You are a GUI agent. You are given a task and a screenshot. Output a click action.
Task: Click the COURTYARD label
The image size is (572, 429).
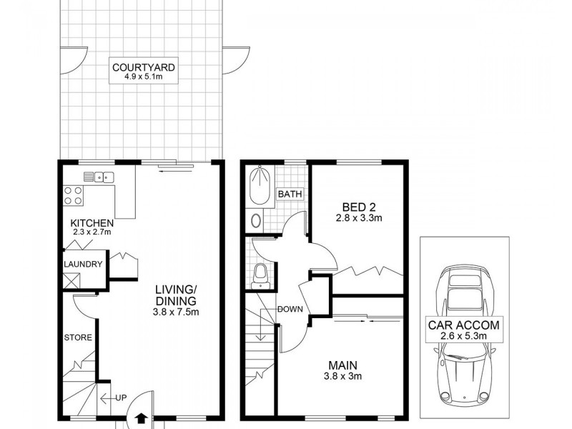pos(144,68)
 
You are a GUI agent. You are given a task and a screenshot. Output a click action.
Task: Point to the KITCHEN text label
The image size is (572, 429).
pos(92,223)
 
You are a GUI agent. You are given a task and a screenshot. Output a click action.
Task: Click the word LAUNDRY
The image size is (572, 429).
pos(83,264)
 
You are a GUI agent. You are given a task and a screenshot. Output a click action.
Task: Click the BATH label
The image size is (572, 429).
pos(290,194)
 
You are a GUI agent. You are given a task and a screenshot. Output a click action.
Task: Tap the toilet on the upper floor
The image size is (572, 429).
pos(261,274)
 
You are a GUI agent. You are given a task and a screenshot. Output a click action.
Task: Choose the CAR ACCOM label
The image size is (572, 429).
pos(464,325)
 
